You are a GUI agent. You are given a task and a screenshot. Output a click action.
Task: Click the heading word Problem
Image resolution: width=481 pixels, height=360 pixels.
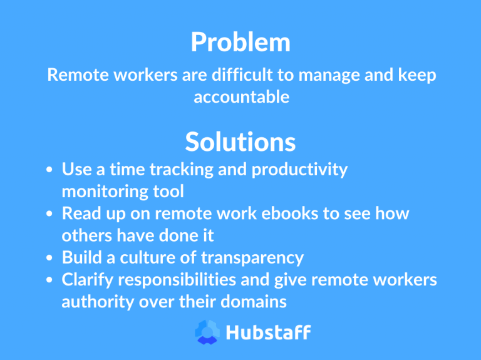[240, 43]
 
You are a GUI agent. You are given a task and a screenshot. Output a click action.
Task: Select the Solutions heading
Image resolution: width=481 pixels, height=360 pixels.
[240, 142]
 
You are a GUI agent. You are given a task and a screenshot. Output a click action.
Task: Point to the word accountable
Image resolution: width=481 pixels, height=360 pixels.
[241, 98]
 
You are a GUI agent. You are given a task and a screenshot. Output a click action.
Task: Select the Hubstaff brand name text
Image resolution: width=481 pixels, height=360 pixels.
[268, 332]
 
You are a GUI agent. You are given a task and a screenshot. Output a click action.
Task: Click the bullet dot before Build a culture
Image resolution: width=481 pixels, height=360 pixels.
[49, 258]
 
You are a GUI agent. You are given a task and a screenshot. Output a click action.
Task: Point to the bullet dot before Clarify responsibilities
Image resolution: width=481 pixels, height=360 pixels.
[49, 280]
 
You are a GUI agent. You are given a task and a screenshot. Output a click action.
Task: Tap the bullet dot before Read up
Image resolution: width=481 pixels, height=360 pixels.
[49, 214]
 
